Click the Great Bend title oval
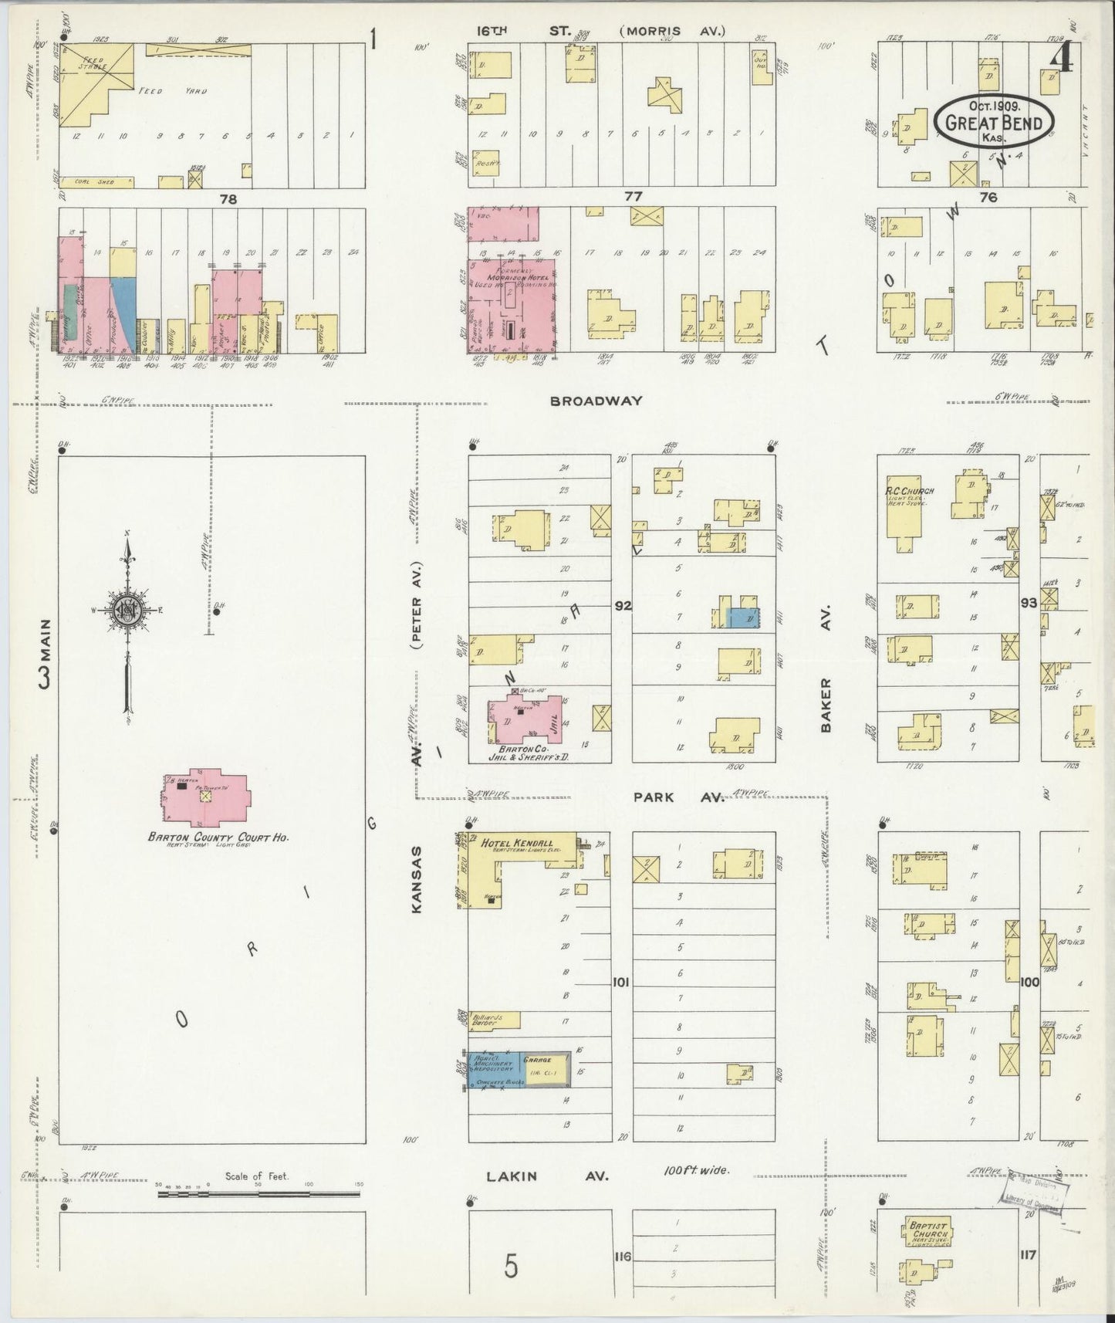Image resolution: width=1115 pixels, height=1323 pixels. [x=994, y=122]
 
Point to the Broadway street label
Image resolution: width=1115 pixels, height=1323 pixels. [x=596, y=401]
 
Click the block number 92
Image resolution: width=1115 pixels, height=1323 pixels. [x=622, y=606]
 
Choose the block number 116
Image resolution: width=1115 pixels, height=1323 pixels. [x=622, y=1257]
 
